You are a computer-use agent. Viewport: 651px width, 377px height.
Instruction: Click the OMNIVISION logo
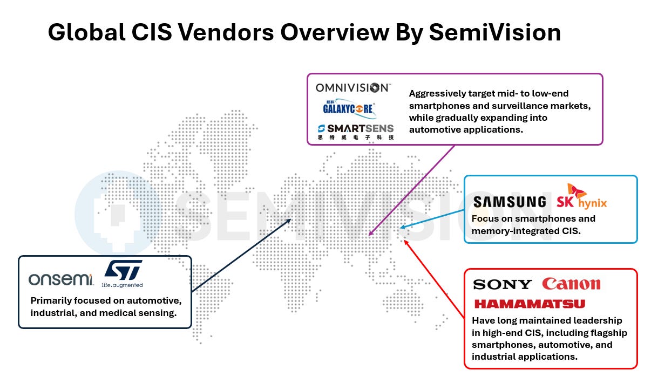352,88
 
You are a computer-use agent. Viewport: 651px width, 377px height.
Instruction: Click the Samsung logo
510,202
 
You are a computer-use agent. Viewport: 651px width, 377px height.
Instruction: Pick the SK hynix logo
582,197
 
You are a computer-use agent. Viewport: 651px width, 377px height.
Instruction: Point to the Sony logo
502,284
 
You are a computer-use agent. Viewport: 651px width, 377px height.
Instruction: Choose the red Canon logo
571,284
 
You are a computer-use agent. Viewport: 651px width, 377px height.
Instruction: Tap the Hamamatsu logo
529,304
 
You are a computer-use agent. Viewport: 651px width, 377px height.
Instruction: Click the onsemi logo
61,279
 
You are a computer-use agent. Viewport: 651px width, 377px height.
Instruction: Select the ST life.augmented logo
123,273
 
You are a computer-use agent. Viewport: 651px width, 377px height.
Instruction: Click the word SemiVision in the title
494,33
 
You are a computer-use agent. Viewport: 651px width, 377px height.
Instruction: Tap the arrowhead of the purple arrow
369,235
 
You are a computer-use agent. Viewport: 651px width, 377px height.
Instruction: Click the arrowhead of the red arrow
405,242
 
